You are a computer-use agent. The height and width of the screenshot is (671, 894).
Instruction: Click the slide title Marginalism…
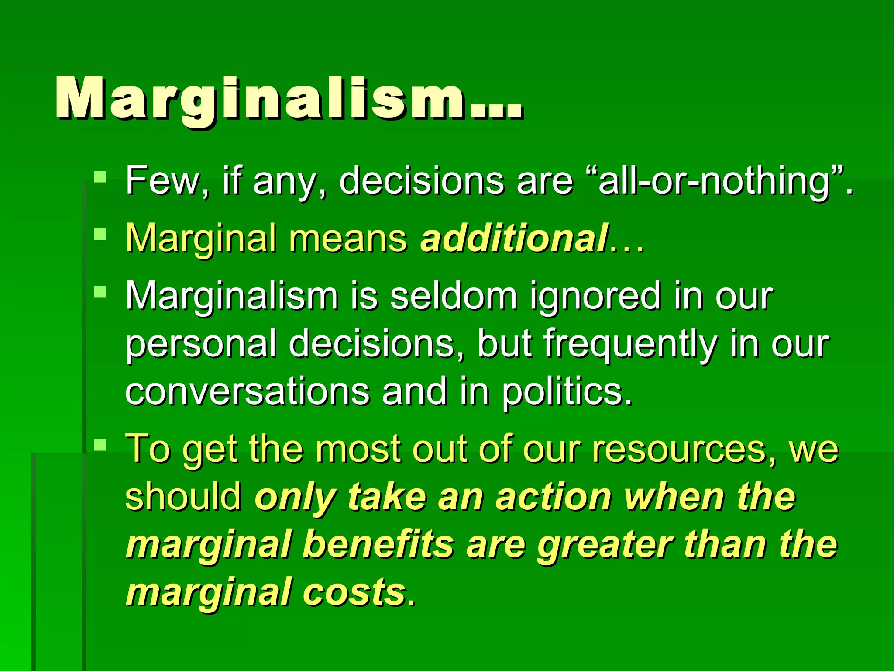(x=289, y=98)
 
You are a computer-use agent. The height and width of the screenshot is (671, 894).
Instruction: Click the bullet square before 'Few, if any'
(x=100, y=176)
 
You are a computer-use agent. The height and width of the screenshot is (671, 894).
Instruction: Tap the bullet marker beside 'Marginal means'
(x=100, y=235)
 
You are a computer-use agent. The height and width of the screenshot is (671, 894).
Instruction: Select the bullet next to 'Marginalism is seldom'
(x=100, y=292)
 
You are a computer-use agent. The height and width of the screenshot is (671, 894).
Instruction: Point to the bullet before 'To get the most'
(x=100, y=445)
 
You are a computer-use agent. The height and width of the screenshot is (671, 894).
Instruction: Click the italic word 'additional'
(x=514, y=238)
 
